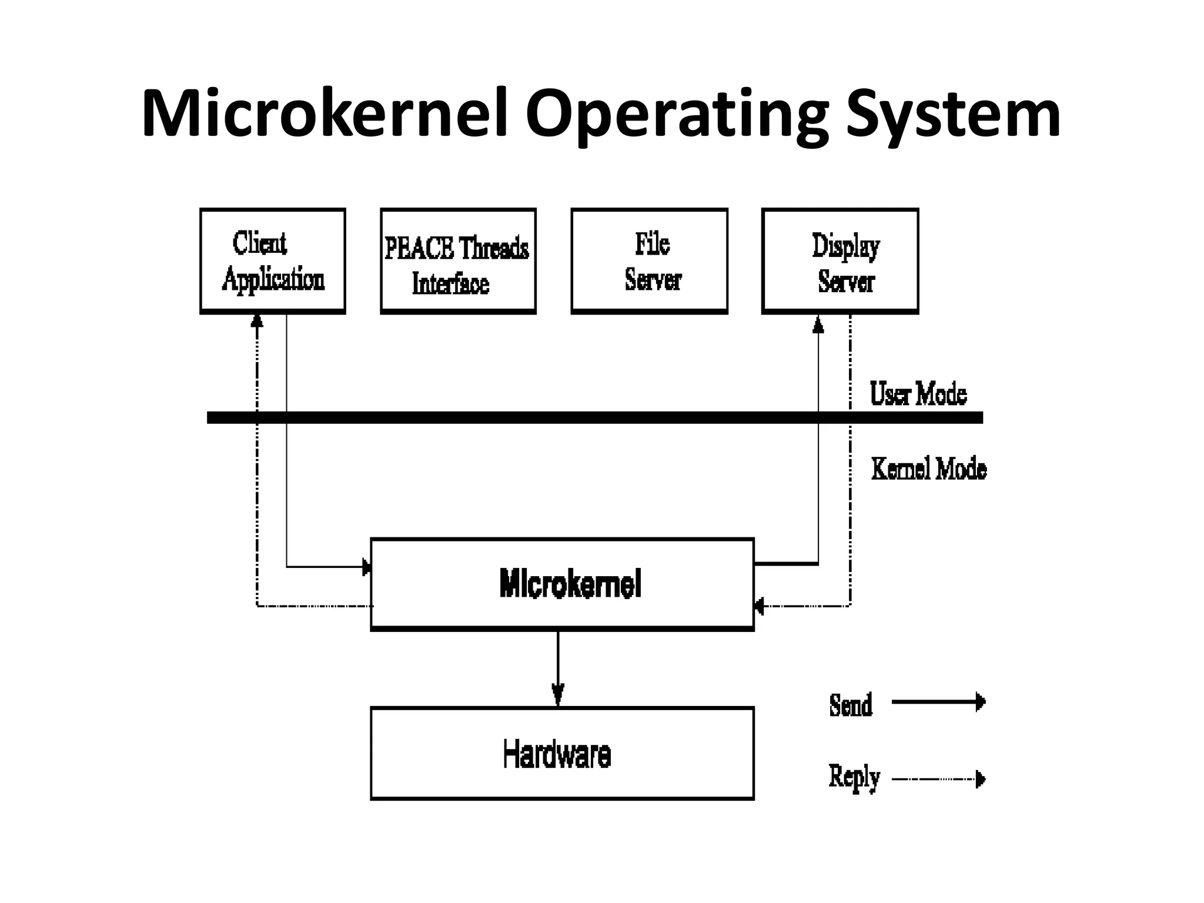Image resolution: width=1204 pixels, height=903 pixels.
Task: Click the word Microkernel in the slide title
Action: [325, 113]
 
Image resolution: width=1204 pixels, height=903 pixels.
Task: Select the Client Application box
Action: [272, 260]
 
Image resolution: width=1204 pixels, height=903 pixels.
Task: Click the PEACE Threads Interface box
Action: [457, 260]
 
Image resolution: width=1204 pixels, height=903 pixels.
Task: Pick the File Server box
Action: [649, 260]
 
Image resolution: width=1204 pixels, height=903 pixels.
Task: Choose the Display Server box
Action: [840, 260]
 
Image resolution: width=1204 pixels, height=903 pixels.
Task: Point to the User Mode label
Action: [918, 394]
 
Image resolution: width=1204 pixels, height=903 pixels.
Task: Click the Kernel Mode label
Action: [928, 469]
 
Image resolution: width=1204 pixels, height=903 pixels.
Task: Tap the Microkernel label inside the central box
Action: [570, 583]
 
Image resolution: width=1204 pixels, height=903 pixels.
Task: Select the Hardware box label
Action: [557, 754]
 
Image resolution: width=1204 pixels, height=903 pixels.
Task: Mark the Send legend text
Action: [850, 705]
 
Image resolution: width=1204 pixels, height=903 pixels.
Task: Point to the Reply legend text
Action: [854, 777]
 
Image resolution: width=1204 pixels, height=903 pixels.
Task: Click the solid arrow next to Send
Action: [938, 702]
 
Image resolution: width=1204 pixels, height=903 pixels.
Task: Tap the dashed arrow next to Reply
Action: [938, 780]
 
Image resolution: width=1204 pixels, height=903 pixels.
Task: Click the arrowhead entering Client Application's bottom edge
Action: [257, 320]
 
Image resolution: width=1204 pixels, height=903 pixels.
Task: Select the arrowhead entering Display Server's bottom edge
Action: [818, 325]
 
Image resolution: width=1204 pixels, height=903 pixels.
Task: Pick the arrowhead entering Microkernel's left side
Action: [366, 567]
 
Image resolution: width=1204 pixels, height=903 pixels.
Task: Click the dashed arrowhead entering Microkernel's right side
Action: [759, 606]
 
